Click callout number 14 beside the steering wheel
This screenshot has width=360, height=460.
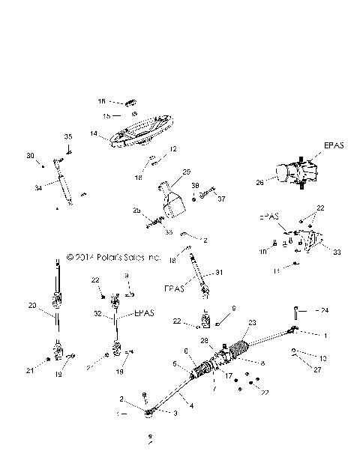(94, 134)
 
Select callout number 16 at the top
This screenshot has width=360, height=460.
(102, 100)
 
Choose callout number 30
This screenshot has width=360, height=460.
(31, 156)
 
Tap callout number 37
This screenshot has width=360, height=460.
(220, 199)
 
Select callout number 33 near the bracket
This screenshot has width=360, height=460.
(337, 252)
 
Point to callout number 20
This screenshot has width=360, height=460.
(31, 305)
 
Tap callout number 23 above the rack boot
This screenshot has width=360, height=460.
(252, 323)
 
